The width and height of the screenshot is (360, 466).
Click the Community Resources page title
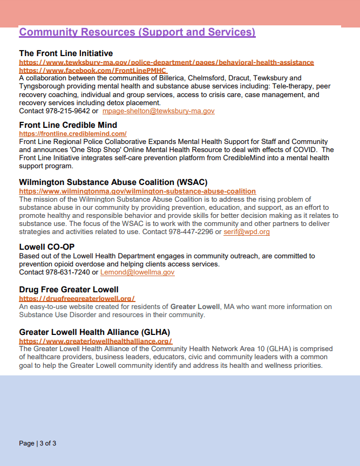[x=137, y=32]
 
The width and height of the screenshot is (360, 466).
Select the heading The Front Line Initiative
[x=66, y=53]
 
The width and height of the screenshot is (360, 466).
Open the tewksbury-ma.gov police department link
[x=166, y=63]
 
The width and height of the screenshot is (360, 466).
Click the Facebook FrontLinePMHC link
[x=93, y=71]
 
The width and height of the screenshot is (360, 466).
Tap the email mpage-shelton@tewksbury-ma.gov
[x=159, y=111]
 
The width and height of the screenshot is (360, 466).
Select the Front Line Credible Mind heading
[x=68, y=125]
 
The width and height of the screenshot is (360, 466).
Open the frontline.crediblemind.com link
[x=73, y=134]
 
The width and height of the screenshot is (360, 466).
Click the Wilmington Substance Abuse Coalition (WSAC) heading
[x=113, y=182]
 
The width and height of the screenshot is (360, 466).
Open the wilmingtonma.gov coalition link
[x=138, y=191]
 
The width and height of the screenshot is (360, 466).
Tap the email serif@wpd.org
[x=247, y=232]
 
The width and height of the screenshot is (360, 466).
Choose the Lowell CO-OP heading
[x=46, y=247]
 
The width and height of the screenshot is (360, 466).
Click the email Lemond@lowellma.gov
[x=138, y=272]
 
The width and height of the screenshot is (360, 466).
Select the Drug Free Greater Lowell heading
[x=69, y=290]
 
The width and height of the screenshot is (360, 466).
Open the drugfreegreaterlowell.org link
[x=77, y=298]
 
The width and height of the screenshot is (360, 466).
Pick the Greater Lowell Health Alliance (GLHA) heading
[x=94, y=332]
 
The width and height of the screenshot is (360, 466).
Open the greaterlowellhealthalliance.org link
[x=96, y=341]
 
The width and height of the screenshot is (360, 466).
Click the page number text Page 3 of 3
[x=38, y=443]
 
